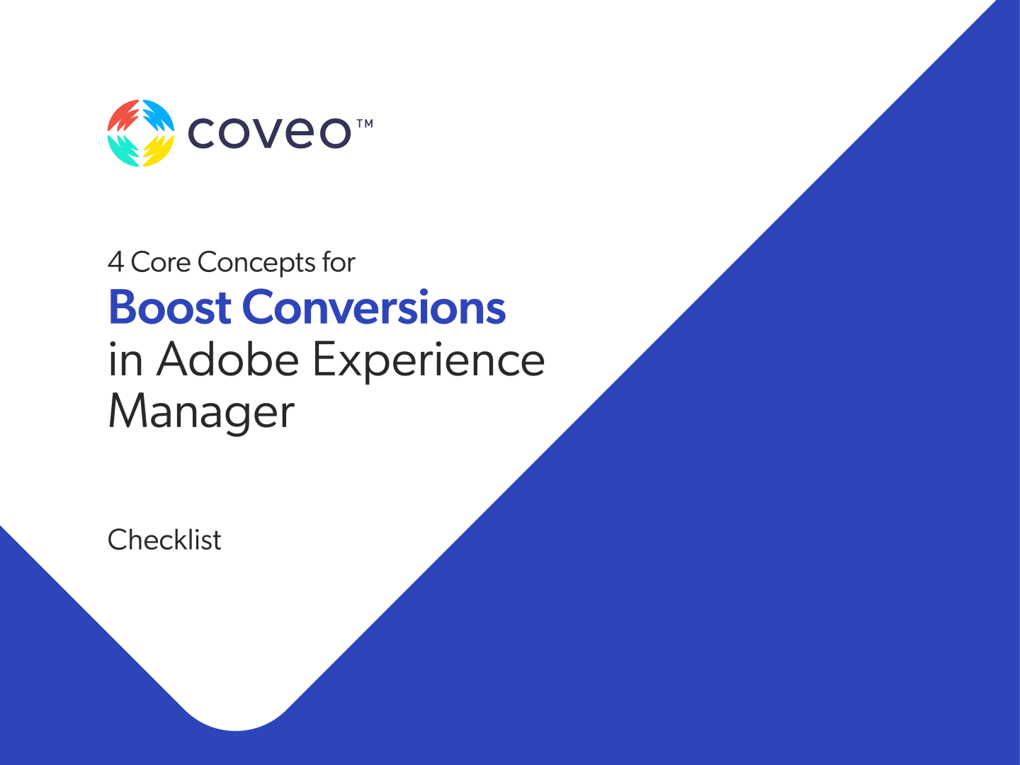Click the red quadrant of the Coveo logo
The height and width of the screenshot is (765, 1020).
pyautogui.click(x=122, y=115)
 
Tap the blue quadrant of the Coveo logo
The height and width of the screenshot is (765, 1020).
pyautogui.click(x=159, y=115)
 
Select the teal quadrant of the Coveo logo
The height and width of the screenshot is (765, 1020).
pyautogui.click(x=122, y=150)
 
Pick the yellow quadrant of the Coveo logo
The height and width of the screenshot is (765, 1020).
pyautogui.click(x=159, y=150)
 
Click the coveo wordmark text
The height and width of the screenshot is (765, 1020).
pyautogui.click(x=269, y=133)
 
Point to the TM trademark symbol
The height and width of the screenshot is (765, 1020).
pyautogui.click(x=365, y=123)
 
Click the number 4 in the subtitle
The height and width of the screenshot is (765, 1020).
pyautogui.click(x=115, y=262)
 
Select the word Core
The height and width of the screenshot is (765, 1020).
pyautogui.click(x=161, y=262)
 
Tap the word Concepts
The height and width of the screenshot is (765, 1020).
pyautogui.click(x=257, y=263)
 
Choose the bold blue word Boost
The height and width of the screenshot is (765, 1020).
pyautogui.click(x=170, y=307)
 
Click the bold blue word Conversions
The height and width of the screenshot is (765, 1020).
pyautogui.click(x=374, y=307)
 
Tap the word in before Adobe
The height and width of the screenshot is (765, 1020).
pyautogui.click(x=125, y=359)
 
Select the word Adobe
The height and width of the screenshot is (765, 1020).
pyautogui.click(x=227, y=359)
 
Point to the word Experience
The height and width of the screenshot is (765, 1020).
pyautogui.click(x=429, y=362)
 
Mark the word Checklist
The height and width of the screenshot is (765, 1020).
pyautogui.click(x=164, y=540)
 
